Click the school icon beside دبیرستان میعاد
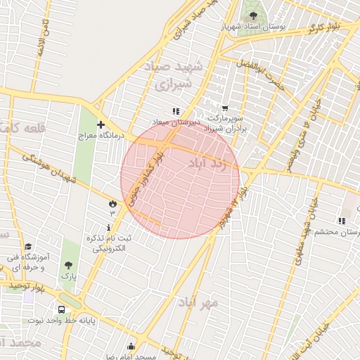[176, 111]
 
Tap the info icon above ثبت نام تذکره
[108, 227]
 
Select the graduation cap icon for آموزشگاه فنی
[28, 247]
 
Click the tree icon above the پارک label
[68, 266]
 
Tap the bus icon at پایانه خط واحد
[62, 309]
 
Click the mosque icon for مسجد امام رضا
[131, 346]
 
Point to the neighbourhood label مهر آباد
[198, 302]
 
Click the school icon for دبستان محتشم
[341, 221]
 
